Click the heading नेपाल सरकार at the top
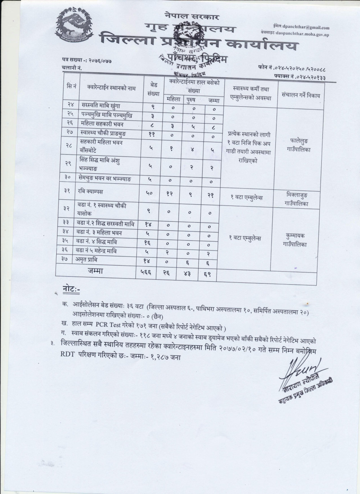(x=188, y=16)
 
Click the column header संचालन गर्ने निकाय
(x=300, y=95)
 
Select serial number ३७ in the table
(x=67, y=259)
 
